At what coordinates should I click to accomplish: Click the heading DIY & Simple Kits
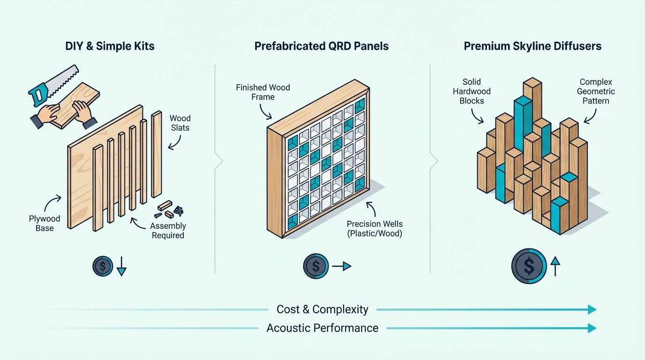(110, 46)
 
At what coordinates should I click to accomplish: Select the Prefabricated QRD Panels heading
(322, 46)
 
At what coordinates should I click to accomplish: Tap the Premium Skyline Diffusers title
(532, 46)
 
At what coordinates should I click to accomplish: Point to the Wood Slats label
(180, 123)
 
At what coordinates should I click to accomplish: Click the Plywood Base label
(45, 223)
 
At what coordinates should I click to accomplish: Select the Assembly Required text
(168, 231)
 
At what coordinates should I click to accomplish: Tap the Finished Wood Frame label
(263, 92)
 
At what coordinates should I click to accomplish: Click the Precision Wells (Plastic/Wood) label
(375, 229)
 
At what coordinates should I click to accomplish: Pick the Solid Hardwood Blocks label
(472, 91)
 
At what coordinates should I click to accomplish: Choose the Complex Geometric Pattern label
(596, 91)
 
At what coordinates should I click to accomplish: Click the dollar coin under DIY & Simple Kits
(103, 266)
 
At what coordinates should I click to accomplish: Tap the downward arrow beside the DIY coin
(121, 266)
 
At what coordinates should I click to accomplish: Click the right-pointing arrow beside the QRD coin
(342, 266)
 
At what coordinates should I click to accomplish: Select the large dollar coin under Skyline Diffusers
(529, 266)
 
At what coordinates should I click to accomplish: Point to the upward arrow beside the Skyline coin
(555, 266)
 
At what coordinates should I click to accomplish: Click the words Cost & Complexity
(322, 309)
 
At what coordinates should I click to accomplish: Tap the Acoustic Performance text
(322, 328)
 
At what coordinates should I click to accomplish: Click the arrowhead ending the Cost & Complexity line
(592, 309)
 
